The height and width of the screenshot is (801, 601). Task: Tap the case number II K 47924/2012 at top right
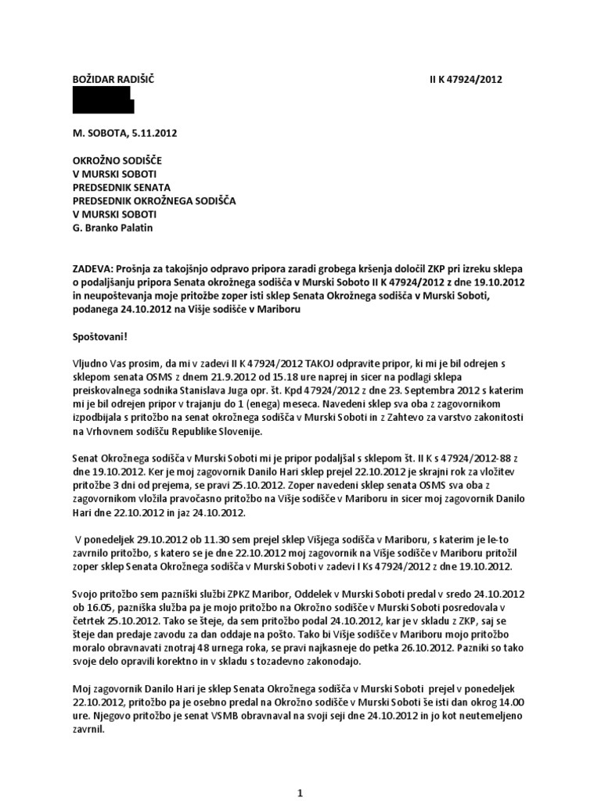[466, 79]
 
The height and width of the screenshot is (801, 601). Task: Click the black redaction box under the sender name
[103, 100]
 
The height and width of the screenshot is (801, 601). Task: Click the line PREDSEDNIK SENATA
[121, 186]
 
